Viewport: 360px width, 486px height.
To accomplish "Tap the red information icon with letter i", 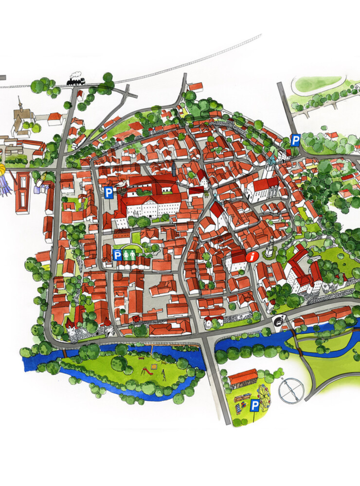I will point(252,257).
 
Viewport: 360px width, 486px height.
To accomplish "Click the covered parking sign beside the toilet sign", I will point(117,255).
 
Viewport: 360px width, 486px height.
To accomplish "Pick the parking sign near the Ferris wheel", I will point(255,405).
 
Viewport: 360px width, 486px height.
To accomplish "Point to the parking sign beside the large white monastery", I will point(109,193).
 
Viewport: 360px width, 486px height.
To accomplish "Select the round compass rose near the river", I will point(291,390).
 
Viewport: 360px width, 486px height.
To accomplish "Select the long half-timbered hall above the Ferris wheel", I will point(243,378).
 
